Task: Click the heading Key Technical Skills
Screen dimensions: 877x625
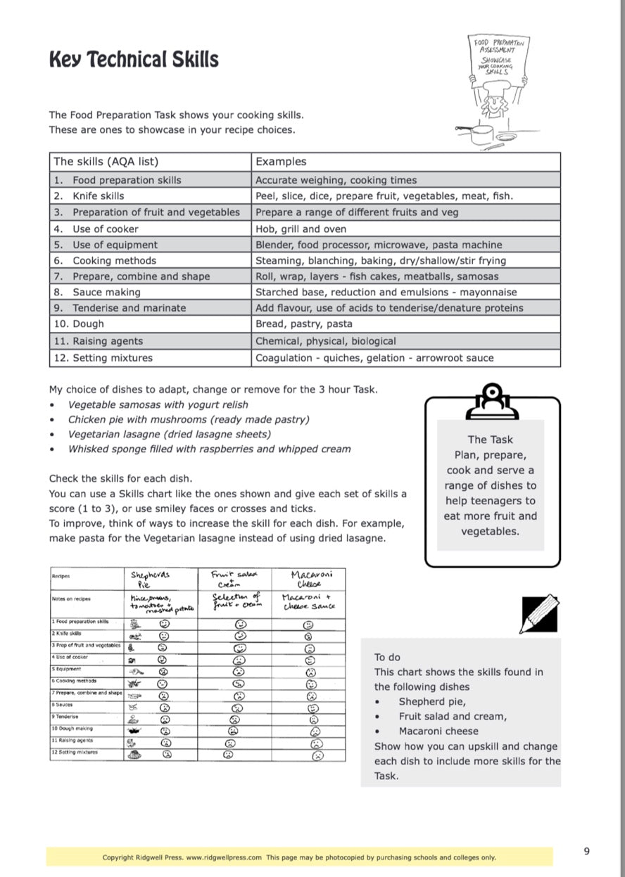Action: pos(134,60)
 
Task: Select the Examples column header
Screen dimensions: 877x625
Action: pos(281,161)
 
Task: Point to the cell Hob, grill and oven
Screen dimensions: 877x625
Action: pos(301,229)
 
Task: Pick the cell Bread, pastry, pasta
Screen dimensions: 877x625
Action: pos(303,324)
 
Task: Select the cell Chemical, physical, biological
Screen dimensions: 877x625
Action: pos(325,341)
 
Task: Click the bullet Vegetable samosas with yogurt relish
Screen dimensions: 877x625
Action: pos(158,404)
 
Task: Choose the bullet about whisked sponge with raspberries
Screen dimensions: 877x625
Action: pos(209,449)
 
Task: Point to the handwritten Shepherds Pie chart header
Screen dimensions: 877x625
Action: pos(150,579)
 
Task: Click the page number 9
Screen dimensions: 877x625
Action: pos(587,851)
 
